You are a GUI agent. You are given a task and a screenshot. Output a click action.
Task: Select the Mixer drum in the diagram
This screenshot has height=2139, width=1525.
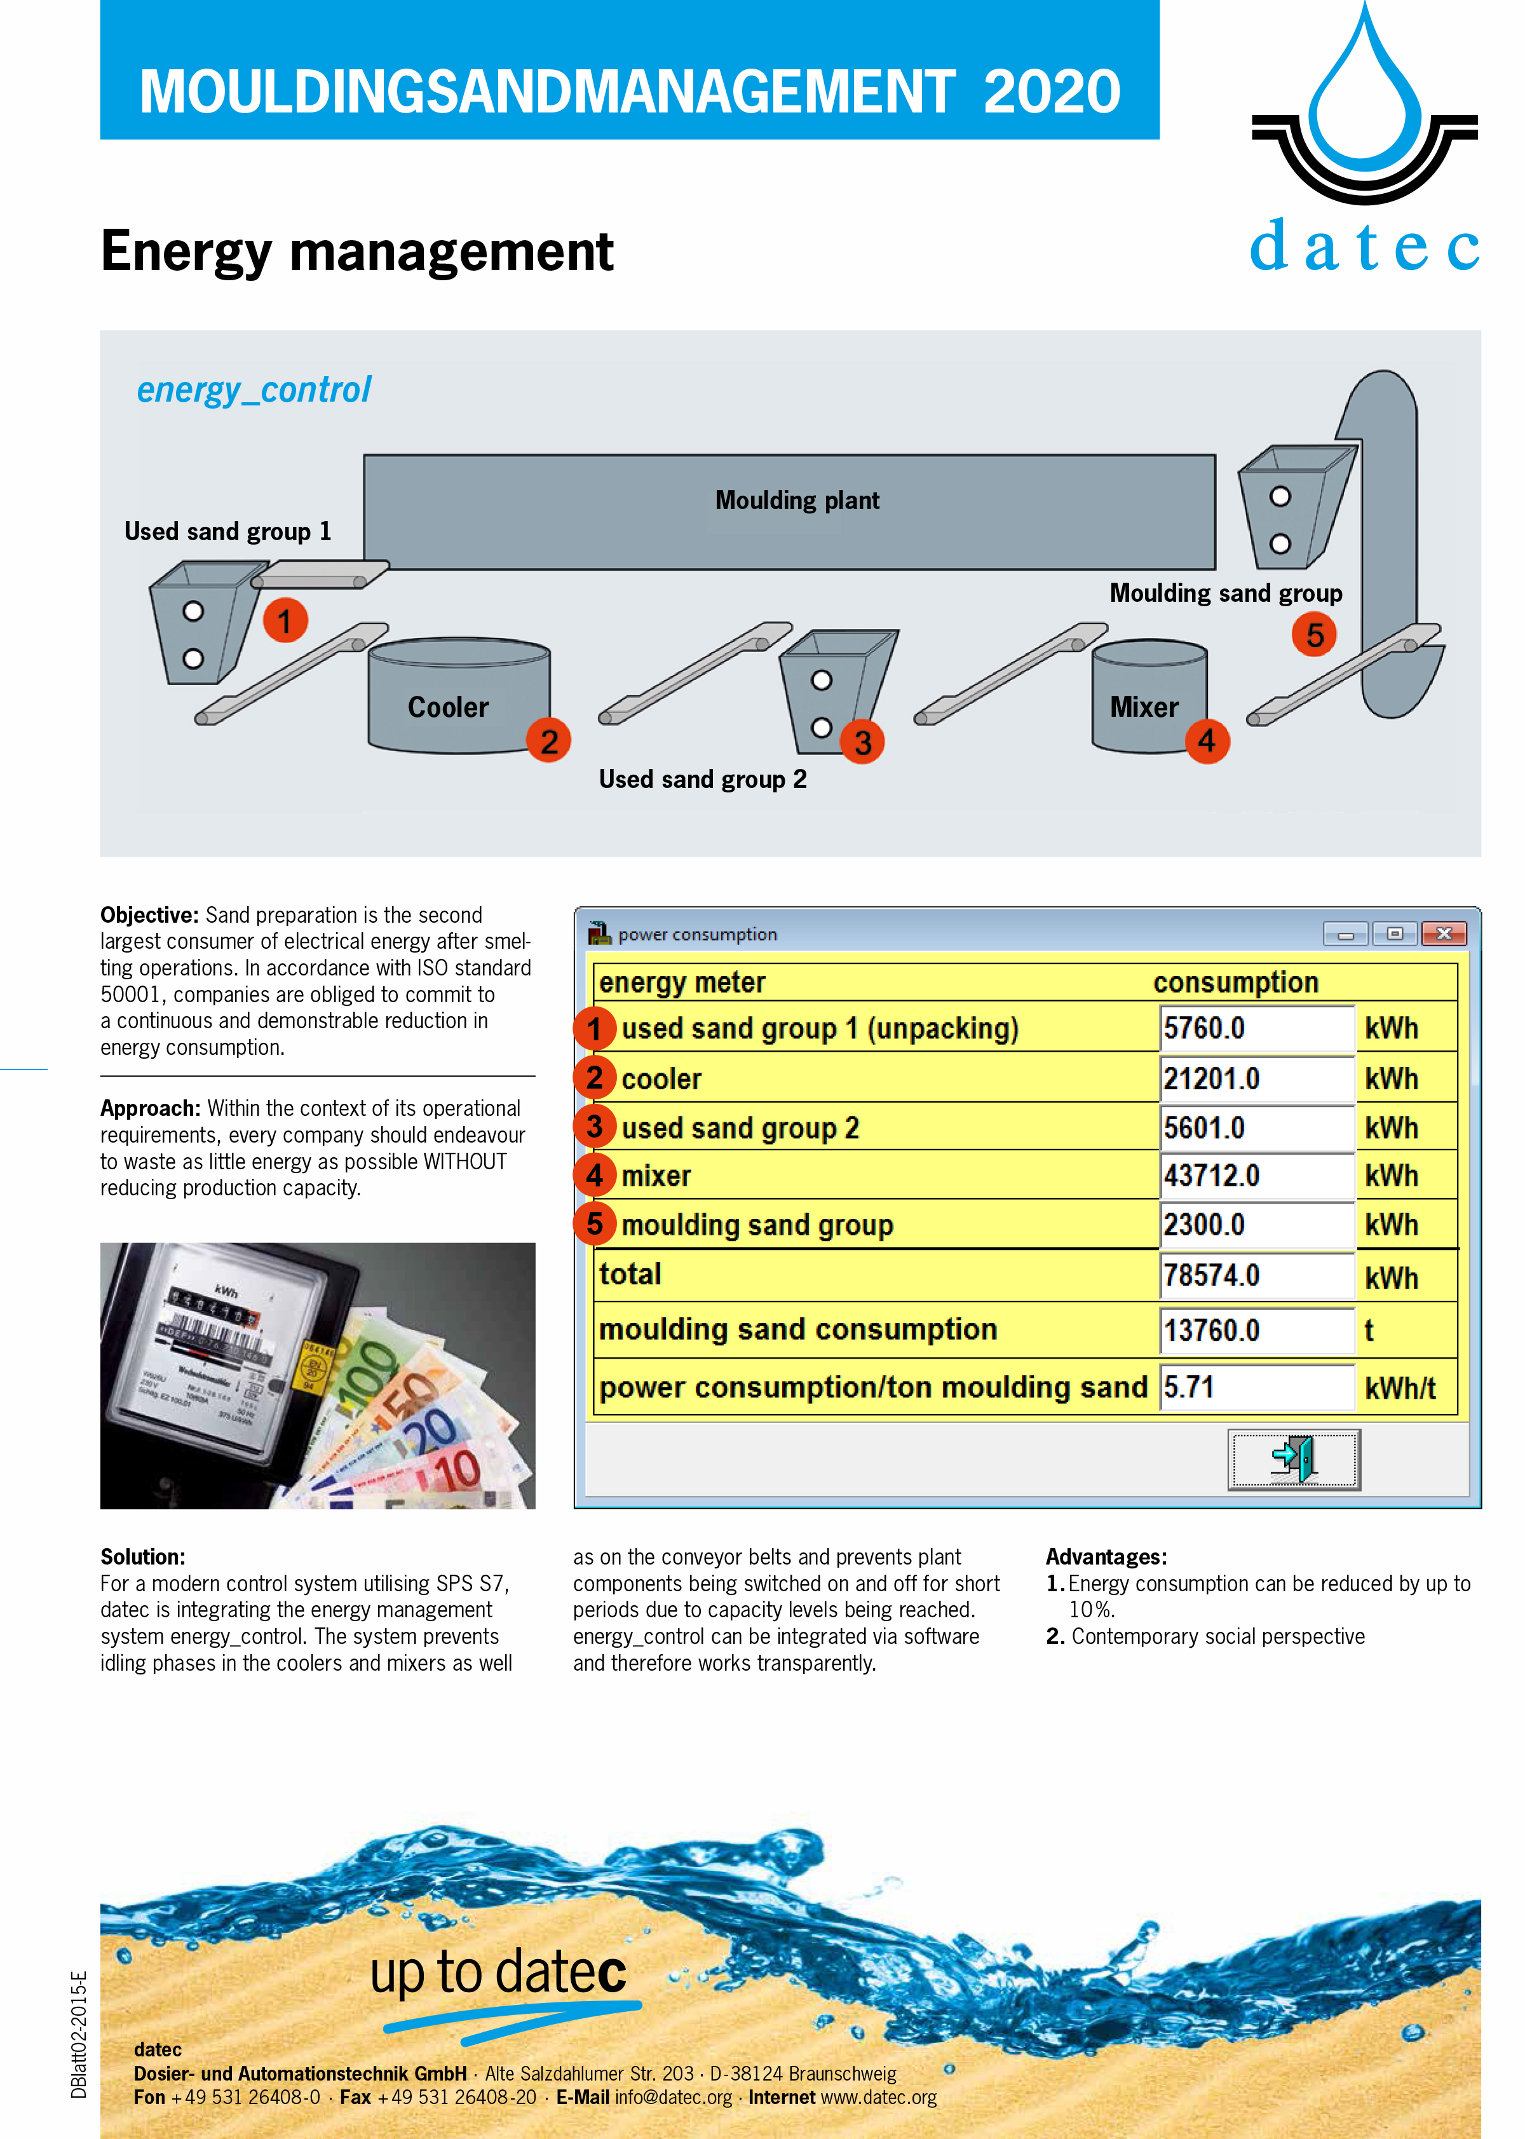click(1149, 696)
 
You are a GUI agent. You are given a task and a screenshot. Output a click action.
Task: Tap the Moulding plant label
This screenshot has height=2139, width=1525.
click(797, 501)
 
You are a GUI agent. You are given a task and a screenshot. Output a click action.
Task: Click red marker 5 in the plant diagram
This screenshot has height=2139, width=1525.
click(1315, 635)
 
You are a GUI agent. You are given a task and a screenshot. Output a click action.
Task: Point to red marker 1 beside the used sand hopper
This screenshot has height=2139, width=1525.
click(285, 621)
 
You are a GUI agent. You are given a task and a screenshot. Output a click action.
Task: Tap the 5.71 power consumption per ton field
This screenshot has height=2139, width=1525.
click(1256, 1387)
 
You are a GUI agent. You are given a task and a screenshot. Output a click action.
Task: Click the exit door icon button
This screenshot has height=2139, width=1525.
click(1294, 1459)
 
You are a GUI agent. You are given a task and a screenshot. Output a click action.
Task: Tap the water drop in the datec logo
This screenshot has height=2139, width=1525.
click(1366, 89)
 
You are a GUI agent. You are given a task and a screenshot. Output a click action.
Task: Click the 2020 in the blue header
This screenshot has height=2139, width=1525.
click(1052, 92)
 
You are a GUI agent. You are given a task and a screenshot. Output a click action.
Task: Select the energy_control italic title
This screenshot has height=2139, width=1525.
click(254, 390)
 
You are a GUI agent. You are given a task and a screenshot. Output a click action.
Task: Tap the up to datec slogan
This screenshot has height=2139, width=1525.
click(498, 1972)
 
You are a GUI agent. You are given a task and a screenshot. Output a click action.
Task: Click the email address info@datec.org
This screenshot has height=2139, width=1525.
click(674, 2098)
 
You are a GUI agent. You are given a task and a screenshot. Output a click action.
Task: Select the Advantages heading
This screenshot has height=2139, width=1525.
click(1106, 1557)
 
